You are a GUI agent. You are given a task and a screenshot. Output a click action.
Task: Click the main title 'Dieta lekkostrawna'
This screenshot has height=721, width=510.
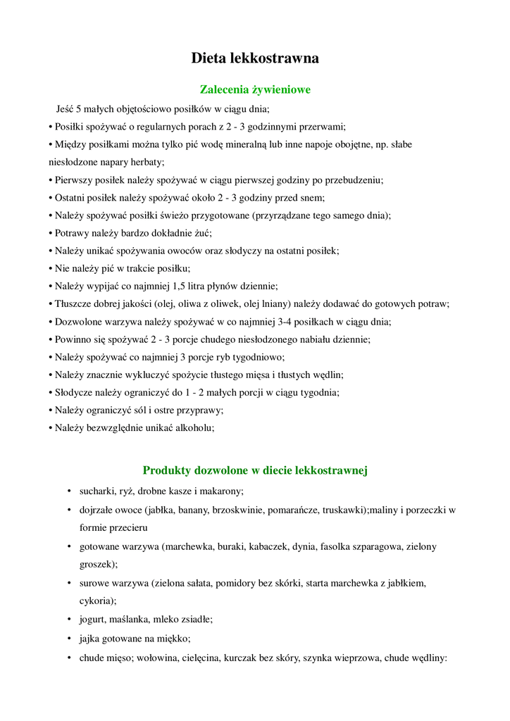tap(255, 58)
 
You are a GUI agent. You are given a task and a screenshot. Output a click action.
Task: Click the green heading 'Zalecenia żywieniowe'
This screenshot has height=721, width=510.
tap(255, 90)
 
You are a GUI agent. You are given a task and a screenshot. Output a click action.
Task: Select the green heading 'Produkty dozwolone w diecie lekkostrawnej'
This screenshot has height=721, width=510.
tap(255, 470)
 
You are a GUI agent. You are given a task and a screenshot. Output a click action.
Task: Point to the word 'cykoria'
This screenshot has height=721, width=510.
tap(97, 601)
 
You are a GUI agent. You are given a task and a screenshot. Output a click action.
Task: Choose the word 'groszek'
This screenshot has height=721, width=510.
tap(97, 564)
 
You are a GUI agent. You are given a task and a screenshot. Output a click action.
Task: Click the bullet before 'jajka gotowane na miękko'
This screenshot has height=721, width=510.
tap(69, 639)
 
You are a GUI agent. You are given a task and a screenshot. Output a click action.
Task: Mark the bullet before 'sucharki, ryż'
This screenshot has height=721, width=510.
tap(69, 491)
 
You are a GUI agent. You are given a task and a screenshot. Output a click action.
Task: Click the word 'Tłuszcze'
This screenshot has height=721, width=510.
tap(76, 303)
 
